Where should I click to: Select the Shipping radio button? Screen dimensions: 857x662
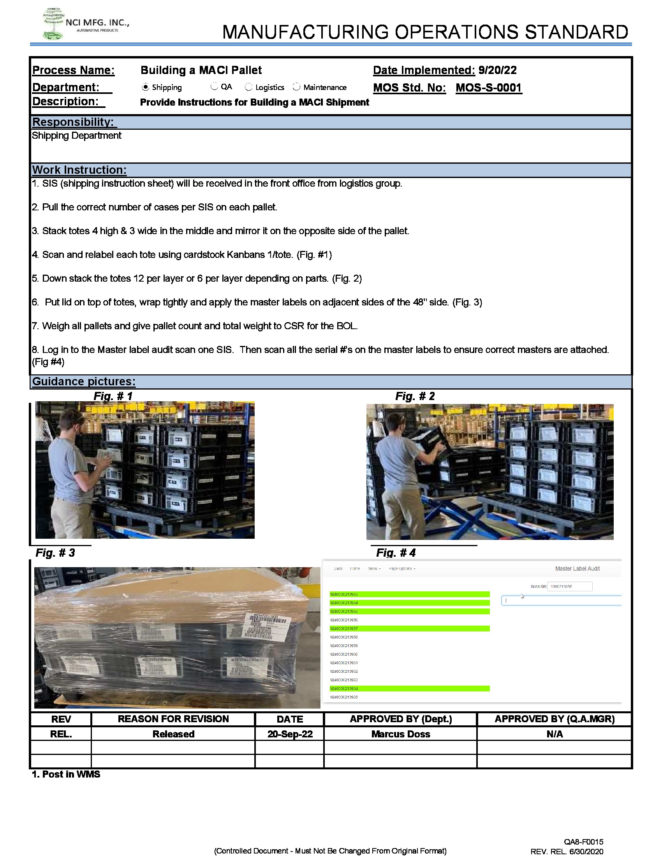[146, 87]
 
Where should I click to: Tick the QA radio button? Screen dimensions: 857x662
[214, 86]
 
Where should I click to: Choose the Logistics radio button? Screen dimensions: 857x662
[249, 87]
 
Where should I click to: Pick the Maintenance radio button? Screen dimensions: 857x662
[296, 87]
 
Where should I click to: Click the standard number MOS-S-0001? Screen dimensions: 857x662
[489, 88]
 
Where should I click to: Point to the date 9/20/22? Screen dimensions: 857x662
[497, 70]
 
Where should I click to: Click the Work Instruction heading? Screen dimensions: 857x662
[79, 170]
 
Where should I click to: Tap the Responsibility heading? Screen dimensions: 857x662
[73, 122]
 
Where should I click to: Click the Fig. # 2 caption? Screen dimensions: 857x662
[415, 396]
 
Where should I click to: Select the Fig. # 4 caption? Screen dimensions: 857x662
[396, 553]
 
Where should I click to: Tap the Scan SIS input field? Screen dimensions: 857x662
[569, 586]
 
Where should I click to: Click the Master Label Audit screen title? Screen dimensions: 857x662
[577, 569]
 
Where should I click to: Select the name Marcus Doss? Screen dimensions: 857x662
[400, 734]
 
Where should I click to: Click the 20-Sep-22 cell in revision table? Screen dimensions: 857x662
[290, 734]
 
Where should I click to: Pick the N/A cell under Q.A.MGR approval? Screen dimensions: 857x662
[554, 734]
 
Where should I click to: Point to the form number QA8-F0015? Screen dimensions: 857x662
[584, 842]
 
